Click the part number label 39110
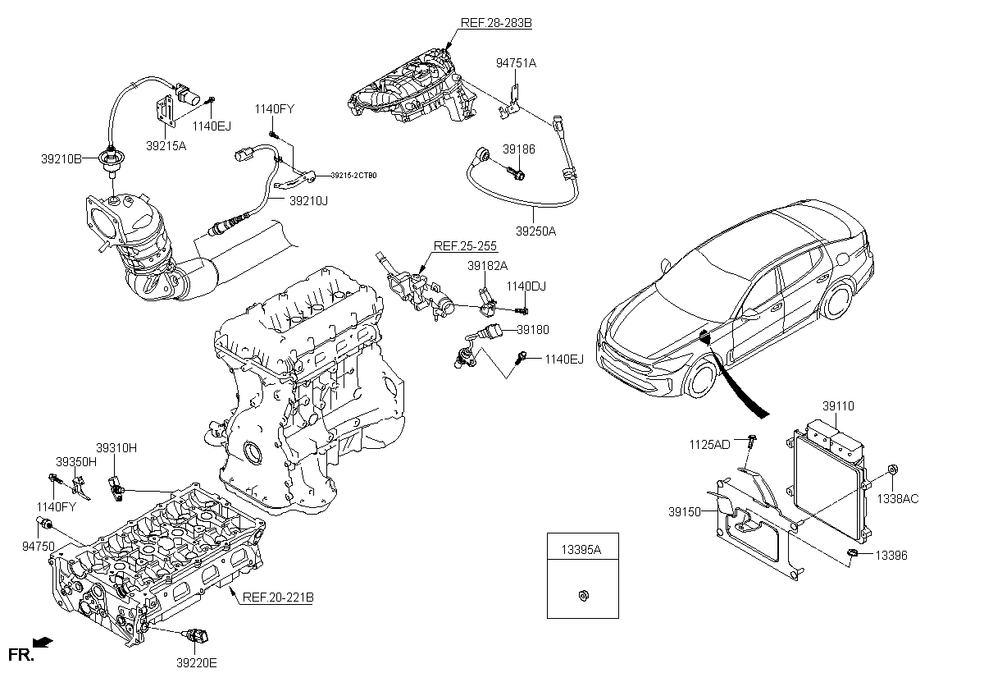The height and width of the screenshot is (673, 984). point(838,405)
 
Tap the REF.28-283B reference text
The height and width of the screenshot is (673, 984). point(496,23)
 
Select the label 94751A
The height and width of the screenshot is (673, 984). point(516,63)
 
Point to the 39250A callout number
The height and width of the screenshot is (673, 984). point(535,231)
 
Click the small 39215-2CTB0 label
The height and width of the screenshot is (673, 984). point(353,176)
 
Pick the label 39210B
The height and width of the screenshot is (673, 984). point(61,159)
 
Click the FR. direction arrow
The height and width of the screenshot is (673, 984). point(43,643)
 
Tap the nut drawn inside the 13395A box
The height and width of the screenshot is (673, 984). point(584,596)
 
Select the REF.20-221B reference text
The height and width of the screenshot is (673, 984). point(278,597)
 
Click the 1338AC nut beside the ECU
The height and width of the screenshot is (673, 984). point(893,469)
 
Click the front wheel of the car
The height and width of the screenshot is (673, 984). point(702,379)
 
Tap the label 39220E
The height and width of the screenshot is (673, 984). point(197,663)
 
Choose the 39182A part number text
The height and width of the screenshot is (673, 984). point(487,266)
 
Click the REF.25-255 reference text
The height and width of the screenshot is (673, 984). point(465,245)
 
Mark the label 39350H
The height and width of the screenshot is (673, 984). point(76,462)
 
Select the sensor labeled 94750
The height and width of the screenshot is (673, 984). point(44,522)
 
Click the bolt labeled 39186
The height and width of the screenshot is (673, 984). point(515,172)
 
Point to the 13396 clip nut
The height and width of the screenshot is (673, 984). point(851,553)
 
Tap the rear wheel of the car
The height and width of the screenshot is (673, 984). point(837,300)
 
